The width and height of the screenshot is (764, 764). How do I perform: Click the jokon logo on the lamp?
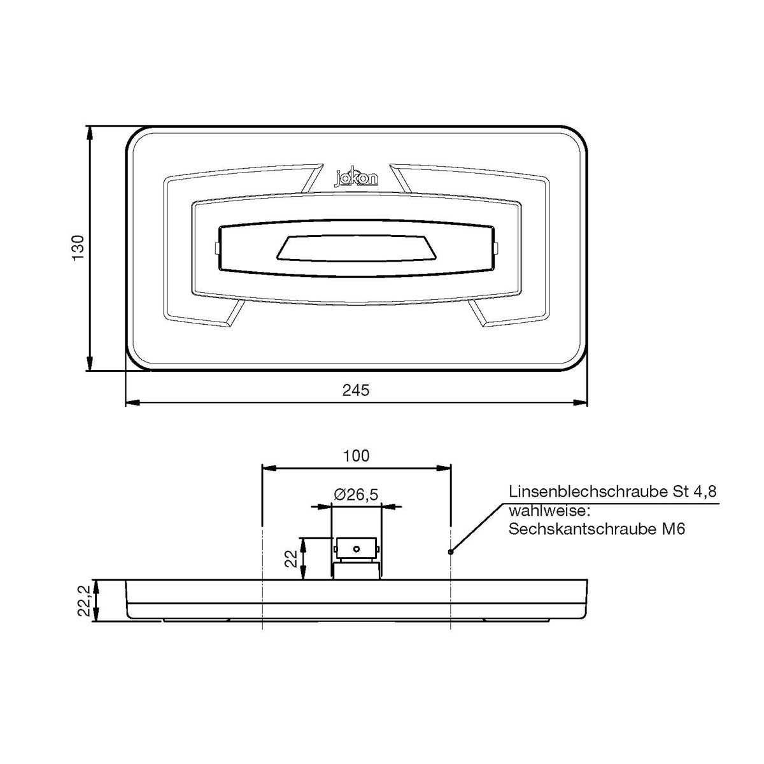click(x=357, y=178)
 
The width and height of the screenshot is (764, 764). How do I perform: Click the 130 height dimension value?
click(x=78, y=248)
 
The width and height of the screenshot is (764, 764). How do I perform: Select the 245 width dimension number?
click(x=356, y=390)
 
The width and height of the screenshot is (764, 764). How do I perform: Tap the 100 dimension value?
click(x=356, y=456)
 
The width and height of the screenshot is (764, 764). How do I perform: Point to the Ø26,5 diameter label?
click(x=356, y=495)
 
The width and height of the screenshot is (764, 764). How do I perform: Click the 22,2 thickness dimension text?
click(x=84, y=600)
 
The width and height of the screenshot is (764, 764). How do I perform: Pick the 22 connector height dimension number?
click(x=292, y=558)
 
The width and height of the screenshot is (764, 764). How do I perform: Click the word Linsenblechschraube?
click(x=588, y=492)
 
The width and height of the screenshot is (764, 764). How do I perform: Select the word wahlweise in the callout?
click(x=549, y=511)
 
